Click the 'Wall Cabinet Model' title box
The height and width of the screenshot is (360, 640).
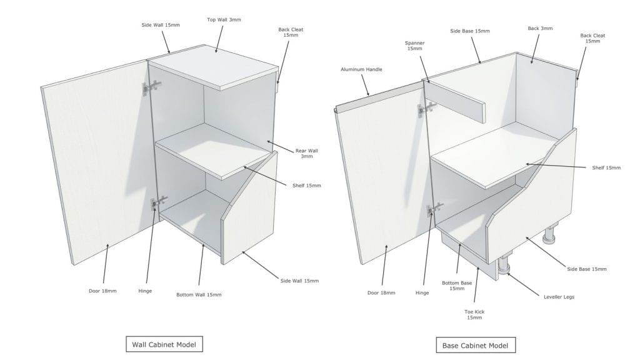(x=164, y=344)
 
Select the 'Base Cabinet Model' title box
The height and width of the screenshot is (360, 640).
(x=476, y=345)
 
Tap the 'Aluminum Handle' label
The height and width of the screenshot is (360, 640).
(x=362, y=69)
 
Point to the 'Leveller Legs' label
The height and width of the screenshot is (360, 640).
(x=559, y=297)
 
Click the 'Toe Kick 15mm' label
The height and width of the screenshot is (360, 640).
(x=474, y=315)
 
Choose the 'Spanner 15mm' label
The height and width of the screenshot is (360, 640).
(x=415, y=46)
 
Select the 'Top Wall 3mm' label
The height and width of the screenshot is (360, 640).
(x=224, y=19)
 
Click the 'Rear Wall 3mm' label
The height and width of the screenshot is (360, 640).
(x=306, y=154)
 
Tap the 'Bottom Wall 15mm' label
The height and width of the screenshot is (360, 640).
(x=199, y=295)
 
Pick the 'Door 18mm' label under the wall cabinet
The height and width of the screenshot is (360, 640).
(x=102, y=291)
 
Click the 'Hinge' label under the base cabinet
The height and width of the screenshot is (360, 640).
(x=422, y=292)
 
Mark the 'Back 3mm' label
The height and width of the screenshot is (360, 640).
(x=540, y=28)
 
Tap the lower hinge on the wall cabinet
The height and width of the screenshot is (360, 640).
(x=159, y=202)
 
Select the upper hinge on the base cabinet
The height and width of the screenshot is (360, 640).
(x=426, y=108)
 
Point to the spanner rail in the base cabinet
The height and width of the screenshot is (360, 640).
(x=457, y=101)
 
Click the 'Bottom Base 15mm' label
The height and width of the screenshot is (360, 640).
(x=457, y=286)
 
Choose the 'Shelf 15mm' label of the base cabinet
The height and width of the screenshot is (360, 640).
(x=606, y=167)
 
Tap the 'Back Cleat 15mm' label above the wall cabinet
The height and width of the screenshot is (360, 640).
(x=291, y=32)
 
